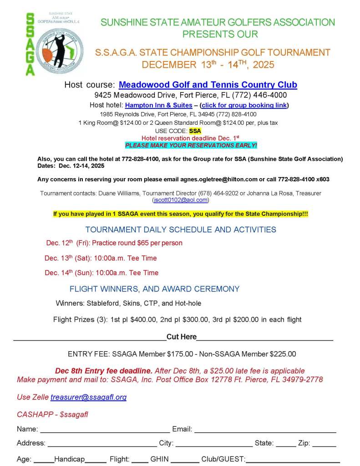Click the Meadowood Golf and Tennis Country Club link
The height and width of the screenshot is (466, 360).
pyautogui.click(x=208, y=85)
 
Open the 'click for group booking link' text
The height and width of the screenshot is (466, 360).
pyautogui.click(x=244, y=105)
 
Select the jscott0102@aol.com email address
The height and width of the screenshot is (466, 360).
pyautogui.click(x=181, y=200)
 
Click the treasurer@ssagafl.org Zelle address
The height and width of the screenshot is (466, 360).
pyautogui.click(x=88, y=397)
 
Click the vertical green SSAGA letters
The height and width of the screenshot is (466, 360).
pyautogui.click(x=30, y=44)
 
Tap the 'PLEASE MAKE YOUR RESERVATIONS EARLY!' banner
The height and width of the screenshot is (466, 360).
pyautogui.click(x=191, y=145)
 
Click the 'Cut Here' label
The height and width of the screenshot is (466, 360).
pyautogui.click(x=182, y=337)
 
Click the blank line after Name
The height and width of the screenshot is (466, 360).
pyautogui.click(x=106, y=430)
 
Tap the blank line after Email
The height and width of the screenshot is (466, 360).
pyautogui.click(x=265, y=430)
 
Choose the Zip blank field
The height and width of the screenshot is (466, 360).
pyautogui.click(x=324, y=444)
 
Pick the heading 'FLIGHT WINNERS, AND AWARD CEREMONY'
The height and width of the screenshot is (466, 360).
pyautogui.click(x=154, y=289)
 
